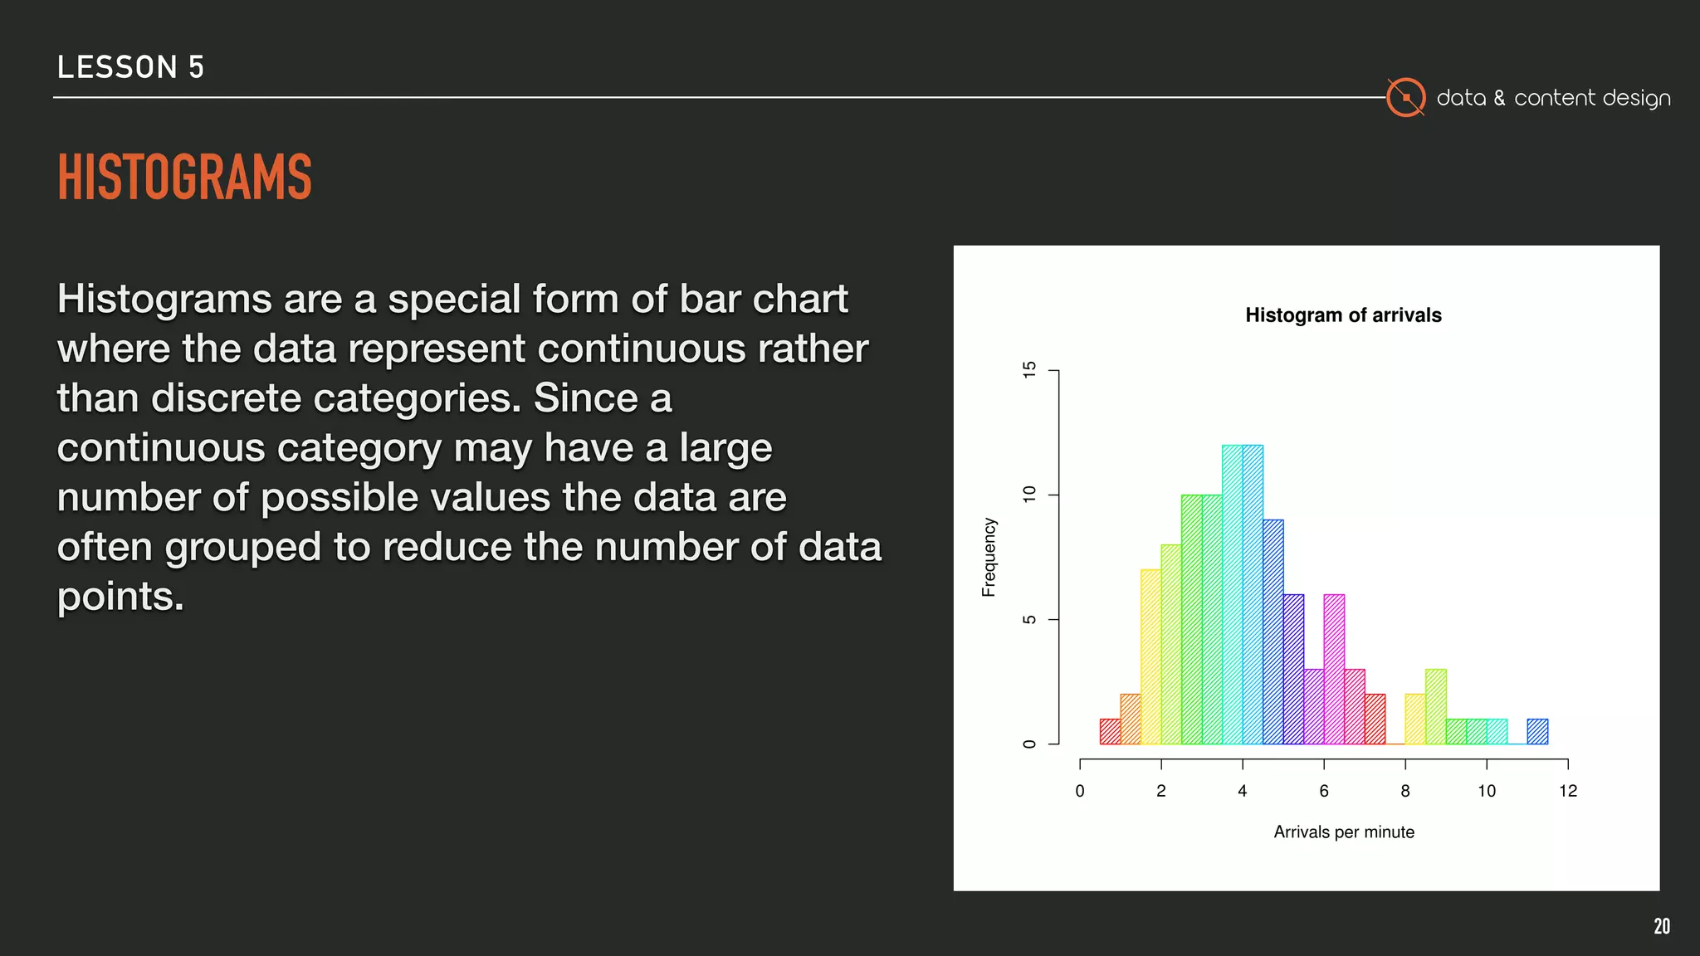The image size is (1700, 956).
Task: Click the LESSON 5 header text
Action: [130, 67]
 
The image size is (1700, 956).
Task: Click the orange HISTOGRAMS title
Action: [184, 177]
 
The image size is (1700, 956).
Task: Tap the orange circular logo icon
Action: [1405, 98]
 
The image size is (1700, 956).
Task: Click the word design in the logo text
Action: [1636, 99]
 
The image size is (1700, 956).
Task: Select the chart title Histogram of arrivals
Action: [1343, 315]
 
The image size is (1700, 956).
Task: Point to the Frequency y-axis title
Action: [989, 557]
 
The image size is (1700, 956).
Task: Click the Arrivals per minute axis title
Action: [1343, 832]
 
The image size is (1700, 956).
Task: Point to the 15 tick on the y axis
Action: [1030, 370]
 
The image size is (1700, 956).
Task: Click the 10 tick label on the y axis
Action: [1030, 495]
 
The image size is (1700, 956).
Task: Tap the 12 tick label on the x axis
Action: [1567, 791]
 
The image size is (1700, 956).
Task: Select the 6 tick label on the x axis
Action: [1323, 791]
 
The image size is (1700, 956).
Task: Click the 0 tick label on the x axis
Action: [1079, 791]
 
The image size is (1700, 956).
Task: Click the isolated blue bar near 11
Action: [1537, 731]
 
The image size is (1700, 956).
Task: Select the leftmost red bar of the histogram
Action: [1110, 731]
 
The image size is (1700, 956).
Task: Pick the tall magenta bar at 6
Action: [1334, 669]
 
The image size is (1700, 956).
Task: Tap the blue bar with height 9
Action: [1273, 632]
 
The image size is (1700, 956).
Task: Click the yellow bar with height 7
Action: [1150, 656]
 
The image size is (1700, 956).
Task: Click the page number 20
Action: [1661, 926]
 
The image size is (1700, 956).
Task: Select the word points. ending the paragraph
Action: [120, 597]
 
